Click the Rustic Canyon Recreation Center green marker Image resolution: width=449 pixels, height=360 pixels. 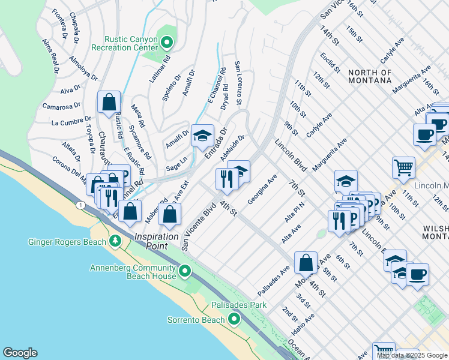coord(167,42)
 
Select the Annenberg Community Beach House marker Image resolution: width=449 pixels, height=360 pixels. coord(186,272)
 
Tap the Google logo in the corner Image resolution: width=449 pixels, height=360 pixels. coord(20,353)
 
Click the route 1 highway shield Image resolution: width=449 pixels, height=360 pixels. coord(80,205)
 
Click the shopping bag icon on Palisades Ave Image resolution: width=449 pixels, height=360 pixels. coord(306,262)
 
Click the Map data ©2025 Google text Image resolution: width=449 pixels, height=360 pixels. coord(412,355)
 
